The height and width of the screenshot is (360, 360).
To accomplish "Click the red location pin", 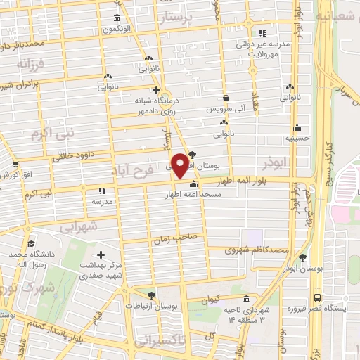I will point(180,165).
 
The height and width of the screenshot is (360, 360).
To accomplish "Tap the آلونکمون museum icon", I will point(116,18).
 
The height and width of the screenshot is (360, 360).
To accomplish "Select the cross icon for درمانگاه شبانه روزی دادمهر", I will point(156,91).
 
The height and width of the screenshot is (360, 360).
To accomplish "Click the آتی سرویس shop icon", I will point(226,98).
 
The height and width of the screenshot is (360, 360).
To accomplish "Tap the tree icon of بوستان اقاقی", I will point(193,155).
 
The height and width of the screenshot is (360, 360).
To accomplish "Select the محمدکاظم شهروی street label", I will point(257,250).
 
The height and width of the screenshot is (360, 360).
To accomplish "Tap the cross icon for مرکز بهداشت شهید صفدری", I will point(101,255).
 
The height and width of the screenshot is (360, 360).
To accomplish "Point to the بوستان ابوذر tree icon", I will point(303,257).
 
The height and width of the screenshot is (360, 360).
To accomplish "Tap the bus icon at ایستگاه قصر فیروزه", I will point(318,297).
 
